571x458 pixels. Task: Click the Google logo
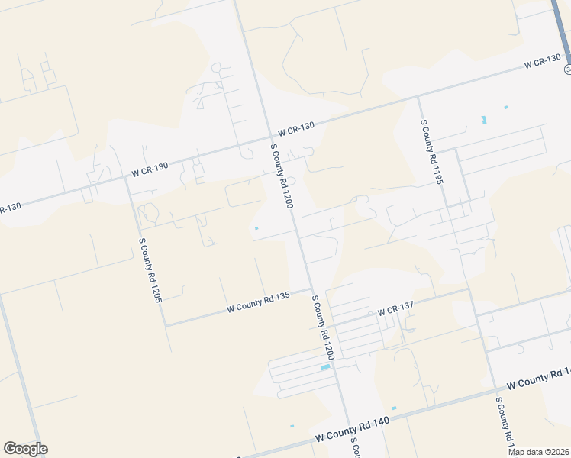coord(25,449)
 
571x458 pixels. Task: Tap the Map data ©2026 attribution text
coord(539,452)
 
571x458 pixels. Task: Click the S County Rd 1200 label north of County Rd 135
coord(282,176)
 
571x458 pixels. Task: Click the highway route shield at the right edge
coord(568,69)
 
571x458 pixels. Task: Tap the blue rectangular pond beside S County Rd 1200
coord(325,368)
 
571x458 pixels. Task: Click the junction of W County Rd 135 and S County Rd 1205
coord(166,325)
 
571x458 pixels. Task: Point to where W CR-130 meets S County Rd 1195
coord(418,98)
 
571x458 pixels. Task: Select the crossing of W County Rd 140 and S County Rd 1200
coord(348,424)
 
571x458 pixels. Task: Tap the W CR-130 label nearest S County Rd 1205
coord(150,169)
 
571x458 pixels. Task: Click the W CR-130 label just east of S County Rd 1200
coord(296,131)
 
